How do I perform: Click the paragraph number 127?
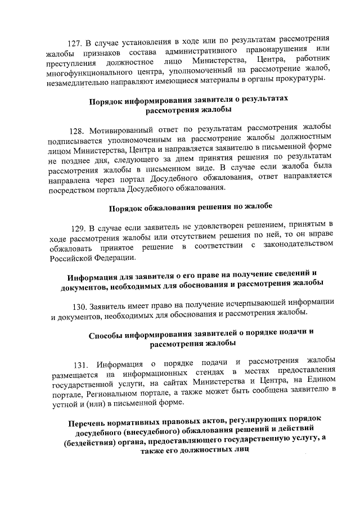(74, 43)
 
